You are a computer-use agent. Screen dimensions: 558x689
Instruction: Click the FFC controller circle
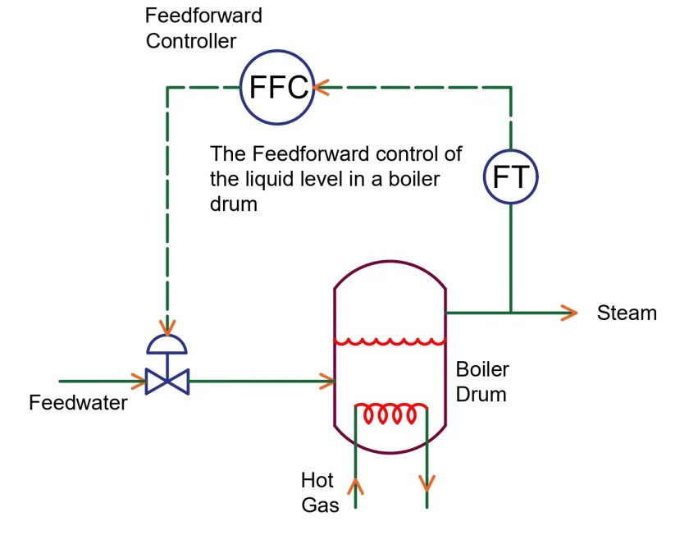tap(276, 86)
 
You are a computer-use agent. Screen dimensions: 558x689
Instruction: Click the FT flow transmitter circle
tap(510, 176)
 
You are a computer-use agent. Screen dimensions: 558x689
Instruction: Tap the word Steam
tap(627, 313)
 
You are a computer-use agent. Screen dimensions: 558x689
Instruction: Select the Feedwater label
tap(78, 403)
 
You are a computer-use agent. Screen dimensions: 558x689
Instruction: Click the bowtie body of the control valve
tap(167, 382)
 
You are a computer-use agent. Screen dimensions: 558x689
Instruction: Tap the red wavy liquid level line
tap(390, 341)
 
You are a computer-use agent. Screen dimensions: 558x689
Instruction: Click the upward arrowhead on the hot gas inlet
tap(355, 487)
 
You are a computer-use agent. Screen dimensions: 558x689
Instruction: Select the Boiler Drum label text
tap(481, 382)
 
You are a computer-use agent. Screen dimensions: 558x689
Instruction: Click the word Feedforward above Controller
tap(203, 16)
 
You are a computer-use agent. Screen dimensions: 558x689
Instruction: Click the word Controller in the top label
tap(192, 41)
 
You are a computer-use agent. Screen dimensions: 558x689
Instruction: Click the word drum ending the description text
tap(234, 204)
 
